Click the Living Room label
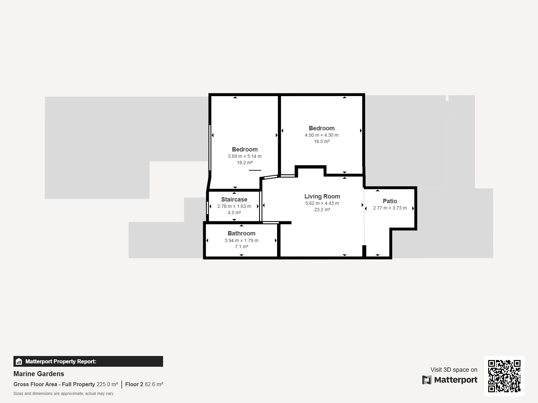click(322, 196)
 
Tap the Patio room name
click(390, 201)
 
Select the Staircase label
click(234, 199)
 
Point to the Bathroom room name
click(241, 233)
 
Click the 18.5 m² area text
click(321, 141)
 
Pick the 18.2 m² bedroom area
click(244, 163)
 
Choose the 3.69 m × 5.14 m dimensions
click(244, 156)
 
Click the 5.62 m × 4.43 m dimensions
click(322, 203)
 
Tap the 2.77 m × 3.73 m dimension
click(390, 208)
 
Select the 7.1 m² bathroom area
click(241, 247)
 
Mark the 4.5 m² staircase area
click(234, 213)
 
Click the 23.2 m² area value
click(322, 210)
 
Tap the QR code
click(504, 376)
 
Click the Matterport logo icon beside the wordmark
click(427, 380)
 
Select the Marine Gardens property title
click(39, 374)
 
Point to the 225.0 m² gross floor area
click(107, 385)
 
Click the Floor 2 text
click(134, 385)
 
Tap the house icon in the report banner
click(19, 361)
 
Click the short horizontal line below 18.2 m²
click(255, 170)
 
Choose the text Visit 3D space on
click(454, 370)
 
